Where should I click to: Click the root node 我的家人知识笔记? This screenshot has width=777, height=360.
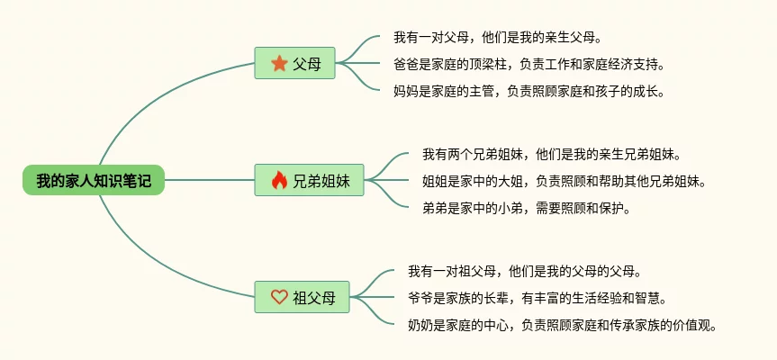[94, 181]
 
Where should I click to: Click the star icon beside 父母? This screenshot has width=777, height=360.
[279, 64]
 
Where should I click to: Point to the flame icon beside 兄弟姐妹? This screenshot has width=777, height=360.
[279, 181]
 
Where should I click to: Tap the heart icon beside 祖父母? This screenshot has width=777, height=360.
[279, 297]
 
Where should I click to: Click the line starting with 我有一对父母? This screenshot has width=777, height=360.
[497, 38]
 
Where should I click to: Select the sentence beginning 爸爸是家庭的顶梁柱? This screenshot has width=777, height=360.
[529, 64]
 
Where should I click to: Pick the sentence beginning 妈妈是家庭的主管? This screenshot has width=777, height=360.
[529, 91]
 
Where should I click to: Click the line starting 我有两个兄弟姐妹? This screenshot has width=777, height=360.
[551, 154]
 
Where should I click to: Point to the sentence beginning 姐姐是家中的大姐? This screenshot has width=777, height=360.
[564, 181]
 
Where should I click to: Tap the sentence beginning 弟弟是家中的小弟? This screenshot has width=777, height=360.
[526, 208]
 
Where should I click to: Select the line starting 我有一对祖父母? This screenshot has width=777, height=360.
[524, 271]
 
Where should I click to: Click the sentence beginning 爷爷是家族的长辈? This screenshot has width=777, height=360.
[537, 297]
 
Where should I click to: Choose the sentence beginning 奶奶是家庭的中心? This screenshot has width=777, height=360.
[562, 324]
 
